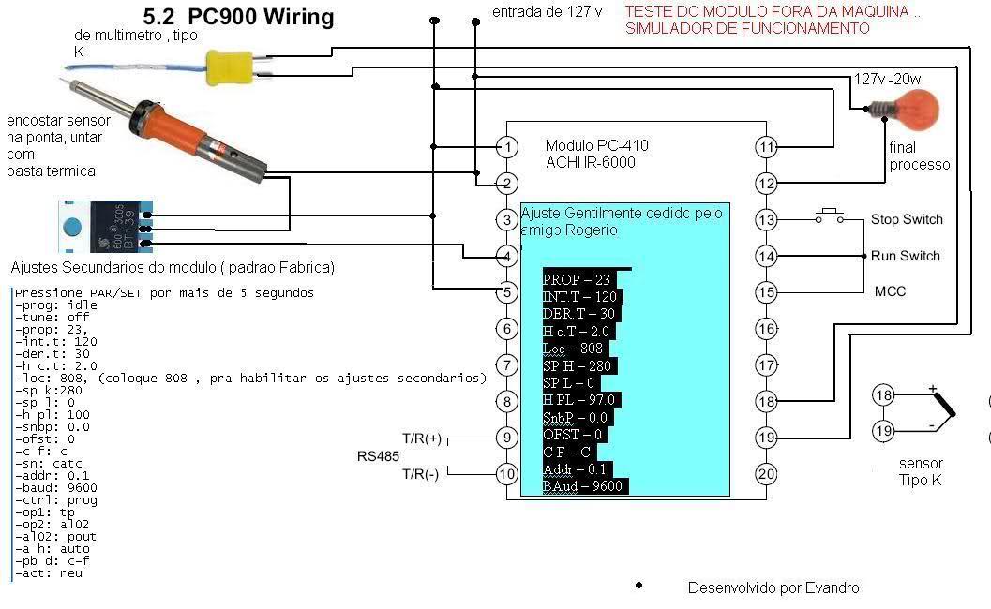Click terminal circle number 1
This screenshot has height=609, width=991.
(x=507, y=147)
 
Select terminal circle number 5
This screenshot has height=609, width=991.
(x=507, y=292)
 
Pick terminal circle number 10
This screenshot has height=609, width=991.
(x=507, y=474)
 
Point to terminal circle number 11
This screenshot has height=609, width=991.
(x=767, y=147)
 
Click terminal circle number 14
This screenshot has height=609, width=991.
(x=767, y=256)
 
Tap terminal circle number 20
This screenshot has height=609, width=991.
(x=767, y=474)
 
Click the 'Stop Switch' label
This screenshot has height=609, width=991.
(x=907, y=220)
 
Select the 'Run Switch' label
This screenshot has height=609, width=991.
(x=906, y=256)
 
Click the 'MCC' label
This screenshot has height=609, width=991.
(x=890, y=291)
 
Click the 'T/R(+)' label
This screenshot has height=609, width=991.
(x=422, y=438)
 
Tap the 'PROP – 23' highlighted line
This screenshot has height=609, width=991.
(x=577, y=279)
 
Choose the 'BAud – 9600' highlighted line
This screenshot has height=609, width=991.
(x=584, y=486)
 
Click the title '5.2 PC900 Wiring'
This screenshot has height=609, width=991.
(x=238, y=18)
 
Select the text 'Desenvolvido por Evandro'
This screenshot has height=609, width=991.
(x=773, y=588)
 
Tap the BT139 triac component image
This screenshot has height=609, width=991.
(x=103, y=227)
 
